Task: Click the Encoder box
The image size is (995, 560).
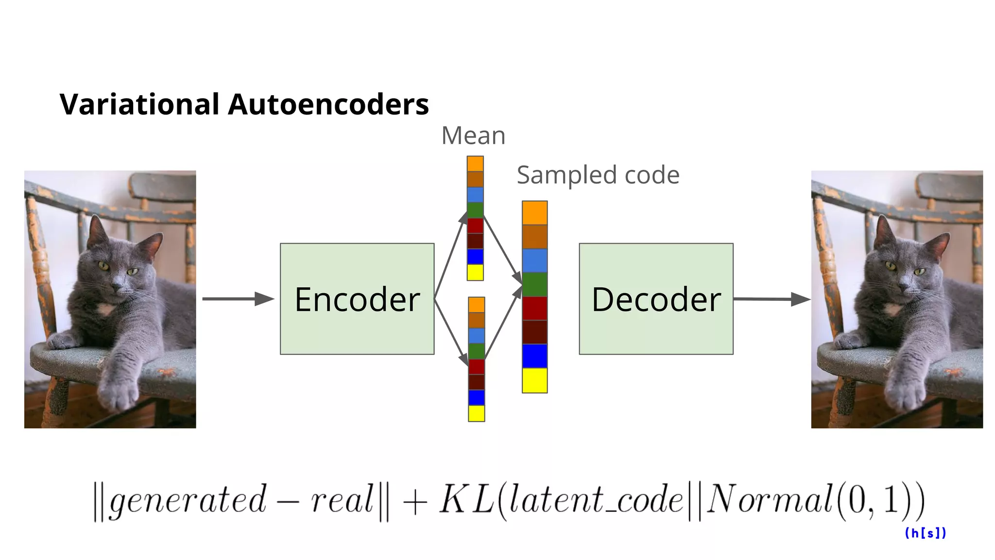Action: pos(357,298)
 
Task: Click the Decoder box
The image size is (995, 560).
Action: pos(656,298)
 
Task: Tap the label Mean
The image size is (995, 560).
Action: pos(473,136)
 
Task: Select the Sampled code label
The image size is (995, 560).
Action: pos(598,175)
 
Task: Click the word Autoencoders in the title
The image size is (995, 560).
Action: pos(328,104)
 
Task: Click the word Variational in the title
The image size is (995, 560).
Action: pos(139,104)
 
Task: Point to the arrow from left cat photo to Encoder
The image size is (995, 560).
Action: pos(238,298)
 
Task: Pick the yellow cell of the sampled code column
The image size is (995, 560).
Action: pos(534,380)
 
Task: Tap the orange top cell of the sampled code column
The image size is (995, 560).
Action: pos(534,213)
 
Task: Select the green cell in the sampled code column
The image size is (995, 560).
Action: pos(534,285)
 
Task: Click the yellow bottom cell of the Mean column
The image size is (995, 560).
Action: pos(475,272)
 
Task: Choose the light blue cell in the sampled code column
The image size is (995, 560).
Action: pos(534,261)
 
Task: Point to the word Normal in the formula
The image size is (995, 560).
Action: pos(770,499)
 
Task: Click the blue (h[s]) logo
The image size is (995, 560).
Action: pos(925,533)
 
